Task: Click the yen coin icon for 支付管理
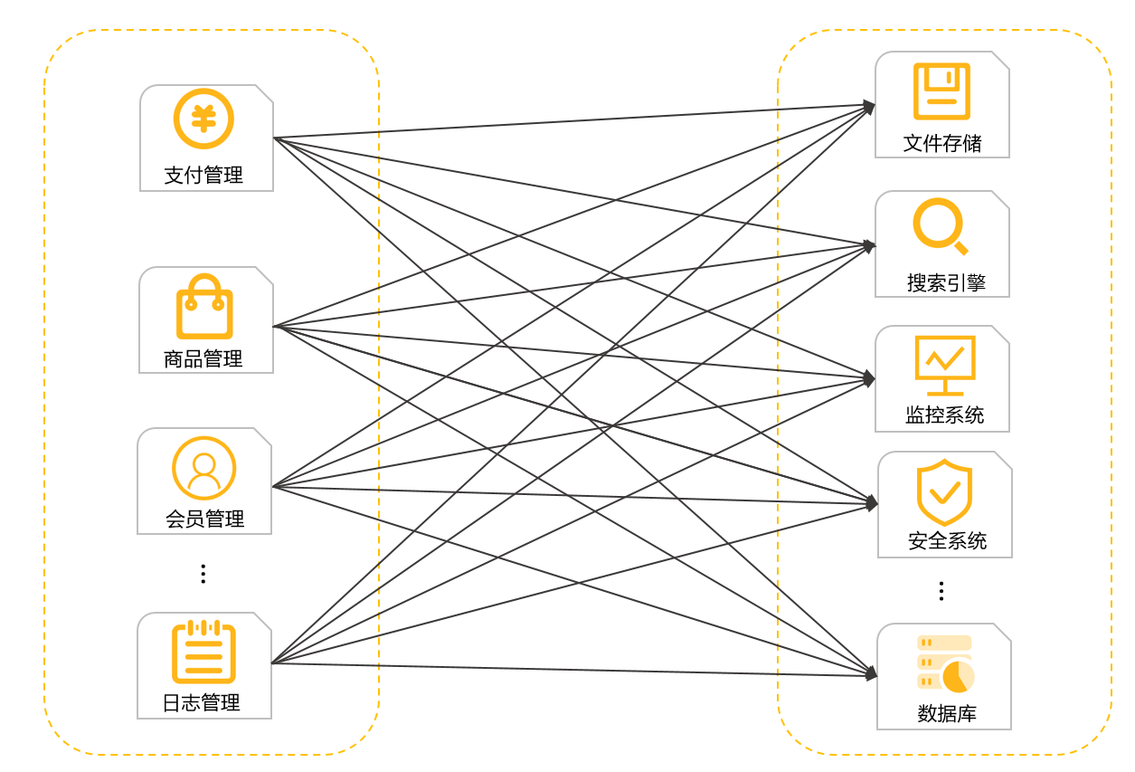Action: pyautogui.click(x=203, y=119)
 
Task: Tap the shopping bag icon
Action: pyautogui.click(x=203, y=307)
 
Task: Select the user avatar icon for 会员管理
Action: pyautogui.click(x=203, y=468)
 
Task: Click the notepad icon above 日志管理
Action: pyautogui.click(x=203, y=651)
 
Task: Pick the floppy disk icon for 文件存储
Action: pyautogui.click(x=941, y=91)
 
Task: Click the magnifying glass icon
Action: pyautogui.click(x=940, y=225)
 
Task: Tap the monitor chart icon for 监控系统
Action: pyautogui.click(x=945, y=365)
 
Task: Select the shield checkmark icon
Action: pyautogui.click(x=944, y=492)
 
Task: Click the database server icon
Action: pyautogui.click(x=945, y=663)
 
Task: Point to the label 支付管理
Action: pyautogui.click(x=203, y=175)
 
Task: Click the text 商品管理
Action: pyautogui.click(x=203, y=358)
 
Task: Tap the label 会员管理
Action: pyautogui.click(x=204, y=519)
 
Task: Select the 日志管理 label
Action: pyautogui.click(x=202, y=702)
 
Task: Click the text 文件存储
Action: pyautogui.click(x=942, y=143)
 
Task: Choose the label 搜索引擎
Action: pyautogui.click(x=946, y=282)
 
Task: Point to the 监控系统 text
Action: pyautogui.click(x=944, y=415)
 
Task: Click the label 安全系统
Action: pyautogui.click(x=947, y=541)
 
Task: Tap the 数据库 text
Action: pyautogui.click(x=947, y=713)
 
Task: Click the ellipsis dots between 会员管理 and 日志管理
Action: pyautogui.click(x=203, y=573)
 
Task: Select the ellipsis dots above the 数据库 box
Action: pyautogui.click(x=941, y=591)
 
